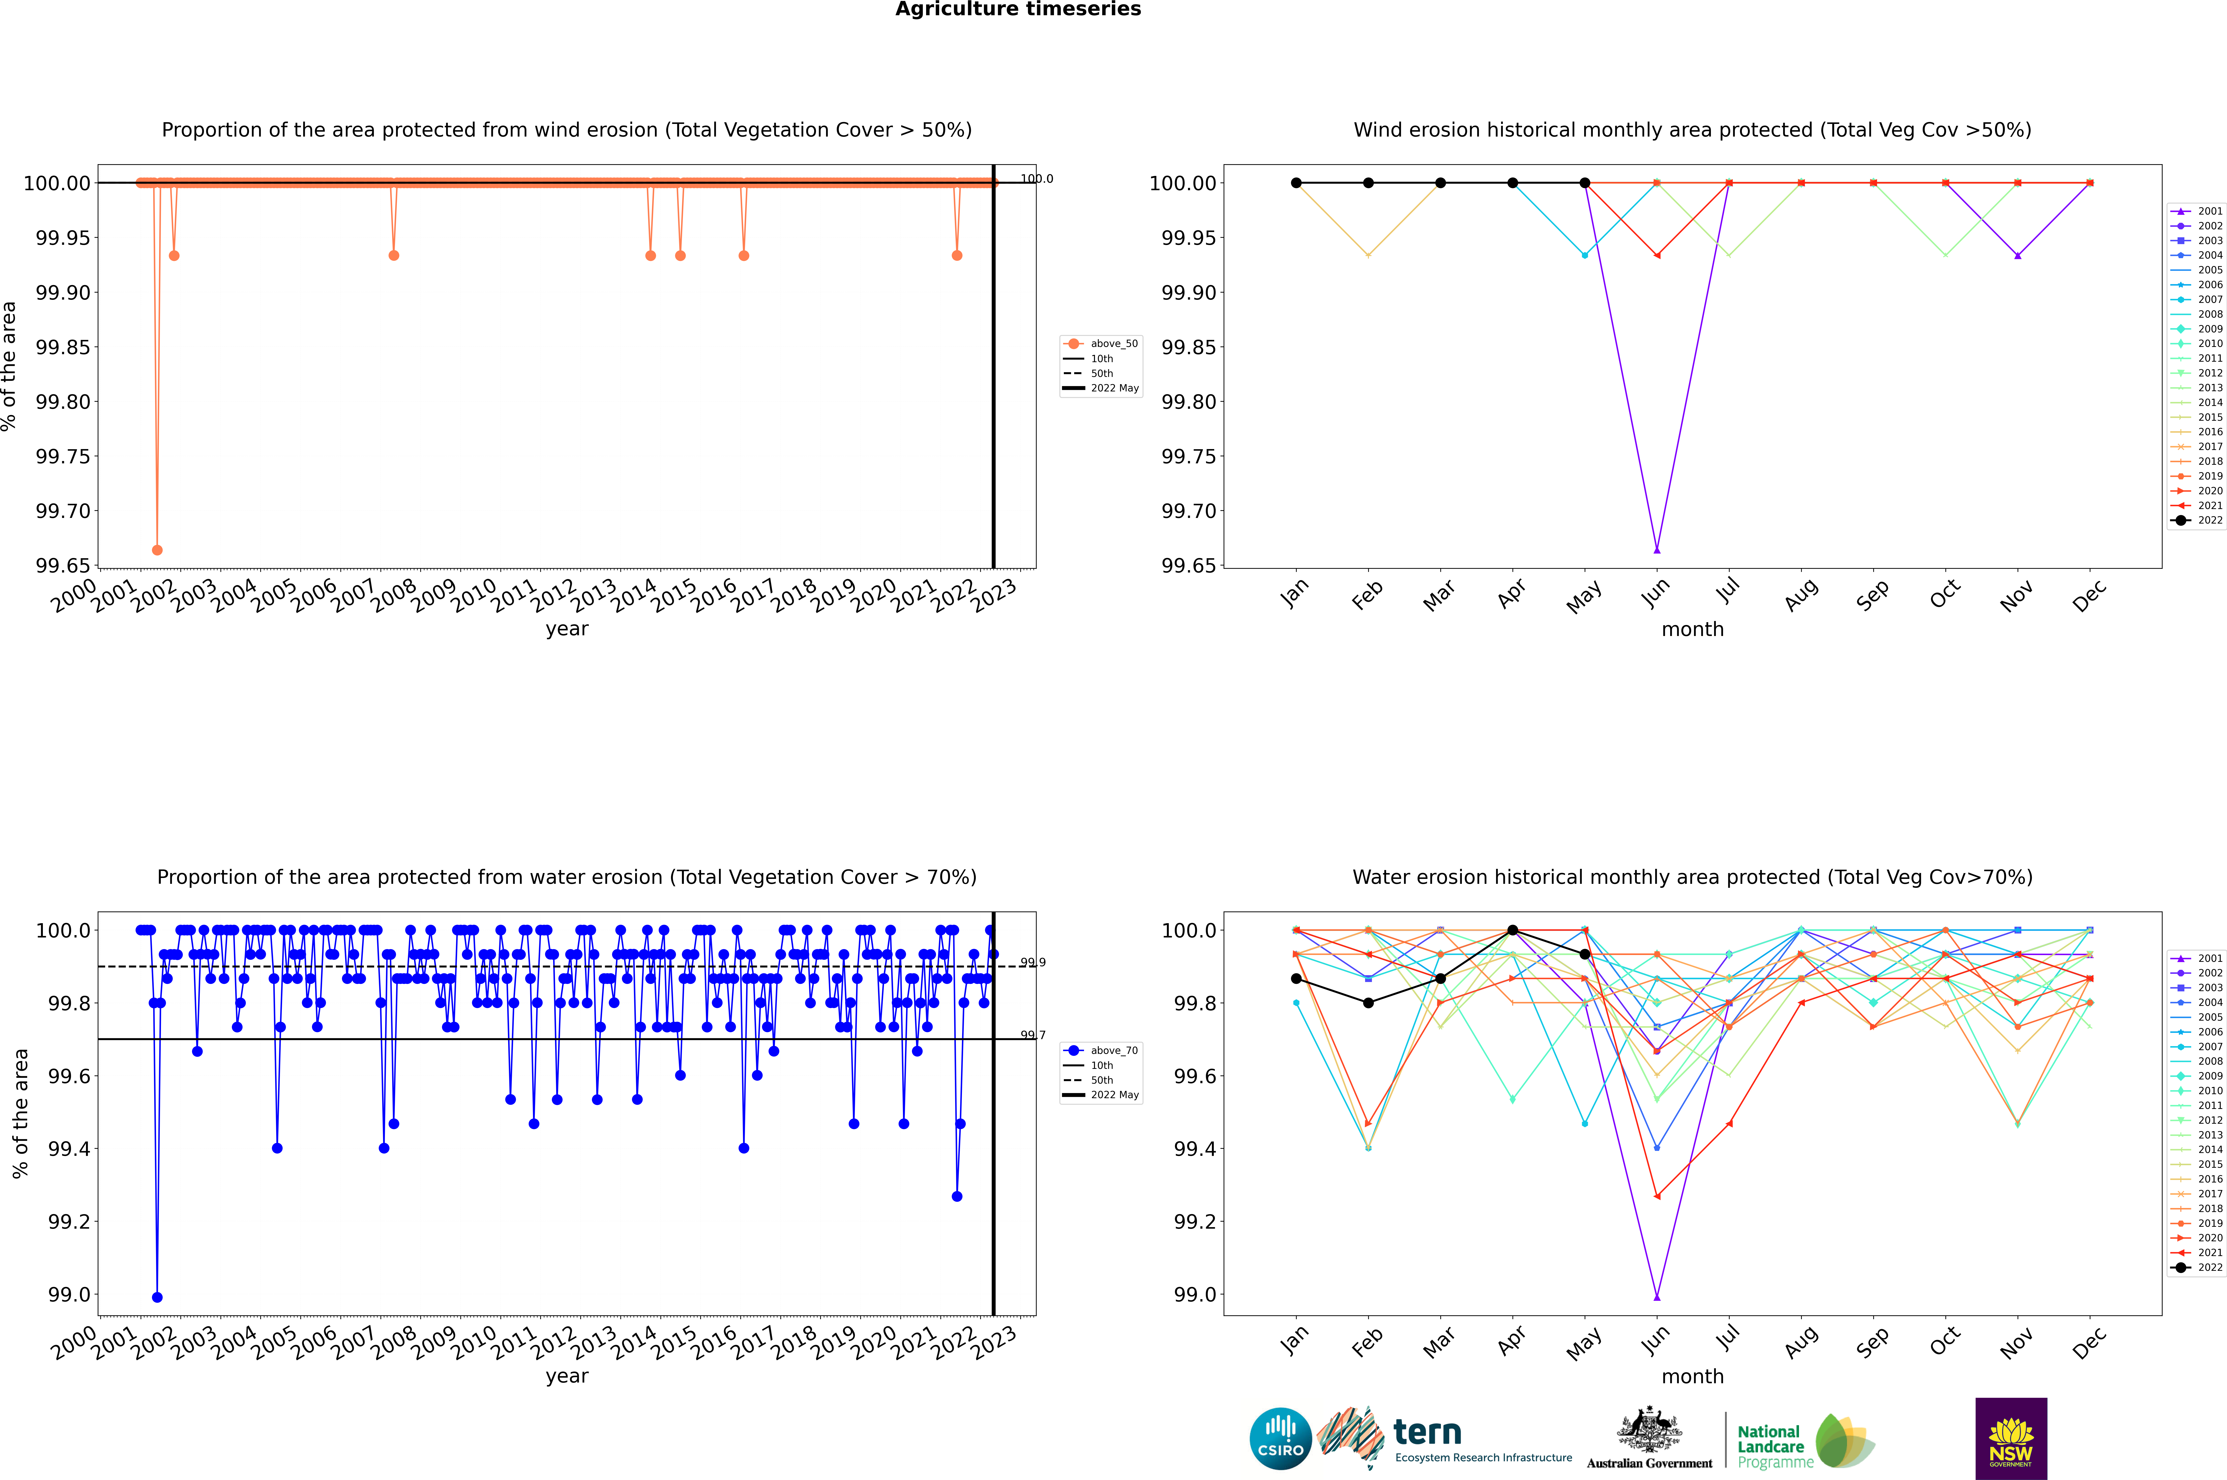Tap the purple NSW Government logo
click(x=2011, y=1438)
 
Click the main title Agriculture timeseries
click(x=1018, y=9)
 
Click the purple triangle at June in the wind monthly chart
click(x=1657, y=549)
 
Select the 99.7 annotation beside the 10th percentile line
click(x=1033, y=1035)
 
